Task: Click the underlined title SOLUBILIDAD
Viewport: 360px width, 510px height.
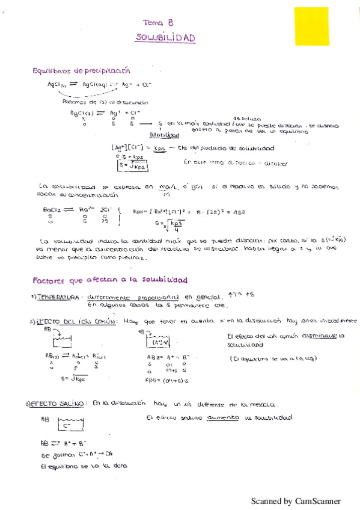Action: pos(166,38)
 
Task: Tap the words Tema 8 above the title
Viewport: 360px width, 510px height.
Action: pos(159,22)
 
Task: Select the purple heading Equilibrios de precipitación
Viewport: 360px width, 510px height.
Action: pos(81,71)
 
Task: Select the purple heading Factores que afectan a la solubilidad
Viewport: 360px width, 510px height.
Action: pos(109,280)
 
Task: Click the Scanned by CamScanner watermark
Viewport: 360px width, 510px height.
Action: pos(296,501)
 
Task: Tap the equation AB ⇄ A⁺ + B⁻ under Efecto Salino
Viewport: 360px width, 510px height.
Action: pos(66,443)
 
